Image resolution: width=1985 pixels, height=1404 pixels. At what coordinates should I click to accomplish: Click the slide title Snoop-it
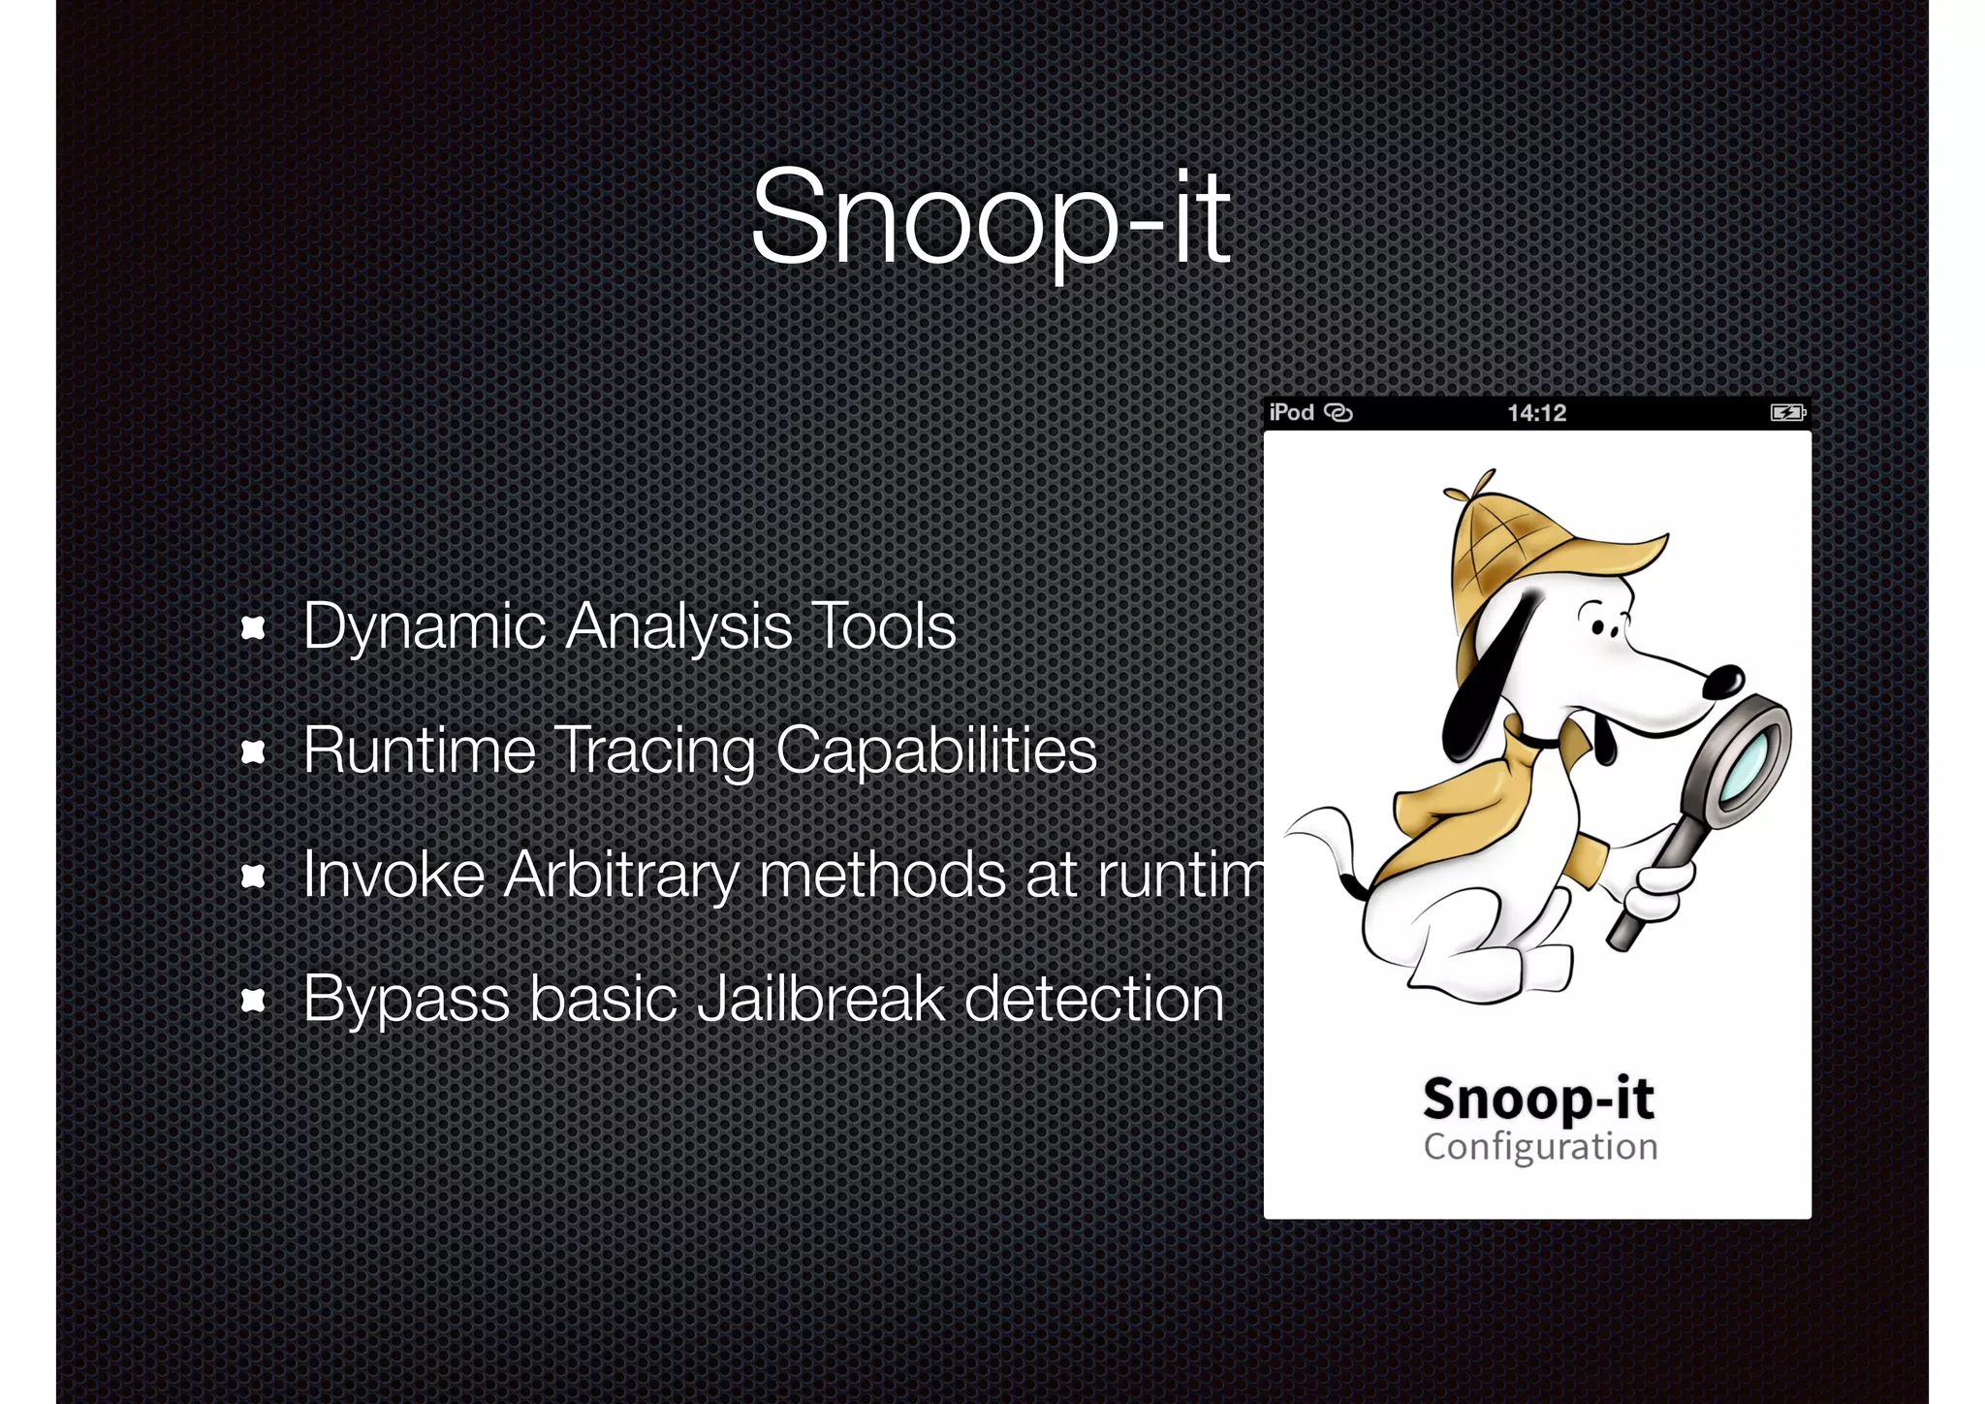[991, 217]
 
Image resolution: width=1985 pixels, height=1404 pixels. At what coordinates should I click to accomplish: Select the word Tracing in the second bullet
[655, 751]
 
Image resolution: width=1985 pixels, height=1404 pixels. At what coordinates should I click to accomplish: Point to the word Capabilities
[936, 751]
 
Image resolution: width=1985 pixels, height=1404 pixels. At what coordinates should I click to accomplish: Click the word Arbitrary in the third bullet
[620, 876]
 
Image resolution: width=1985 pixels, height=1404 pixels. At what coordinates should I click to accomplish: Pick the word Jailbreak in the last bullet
[820, 999]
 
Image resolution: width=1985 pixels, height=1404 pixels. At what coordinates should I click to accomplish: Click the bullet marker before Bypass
[253, 1000]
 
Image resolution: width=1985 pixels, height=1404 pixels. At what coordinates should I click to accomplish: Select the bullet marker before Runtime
[253, 751]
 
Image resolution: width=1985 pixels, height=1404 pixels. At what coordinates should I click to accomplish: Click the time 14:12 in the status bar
[1536, 413]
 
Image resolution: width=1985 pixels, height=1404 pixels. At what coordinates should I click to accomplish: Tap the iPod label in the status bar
[1291, 413]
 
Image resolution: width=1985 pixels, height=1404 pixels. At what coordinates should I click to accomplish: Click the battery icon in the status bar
[1786, 413]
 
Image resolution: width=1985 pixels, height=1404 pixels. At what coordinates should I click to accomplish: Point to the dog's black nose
[1723, 680]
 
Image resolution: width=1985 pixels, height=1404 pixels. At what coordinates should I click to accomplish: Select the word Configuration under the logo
[1540, 1147]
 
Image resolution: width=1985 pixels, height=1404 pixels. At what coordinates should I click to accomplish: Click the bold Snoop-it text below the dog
[1538, 1099]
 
